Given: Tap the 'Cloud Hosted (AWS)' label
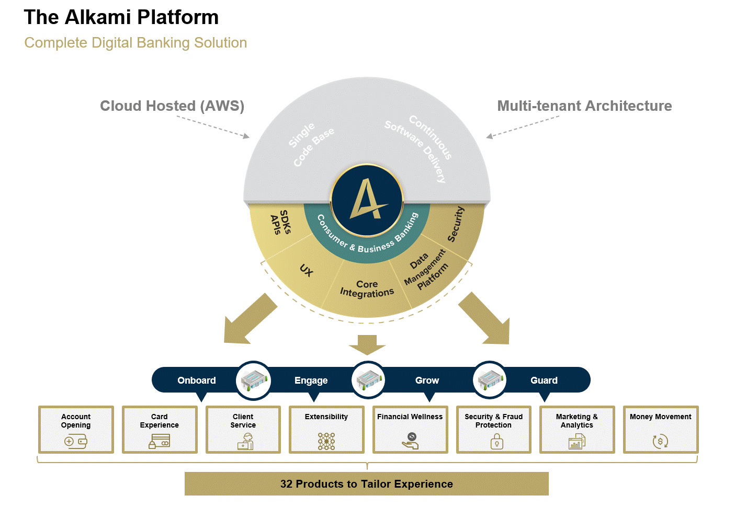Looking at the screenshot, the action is (172, 106).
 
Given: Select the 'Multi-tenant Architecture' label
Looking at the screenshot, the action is (584, 106).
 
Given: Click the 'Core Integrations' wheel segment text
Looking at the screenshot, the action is (367, 289).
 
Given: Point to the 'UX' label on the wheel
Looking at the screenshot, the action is (307, 270).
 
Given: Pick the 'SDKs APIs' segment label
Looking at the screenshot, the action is (281, 222).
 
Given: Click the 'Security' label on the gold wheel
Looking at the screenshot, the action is (456, 224).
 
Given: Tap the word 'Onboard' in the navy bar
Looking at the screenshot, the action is (197, 381).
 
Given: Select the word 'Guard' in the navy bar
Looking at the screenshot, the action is (544, 381).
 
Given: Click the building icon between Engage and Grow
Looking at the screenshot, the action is (368, 380).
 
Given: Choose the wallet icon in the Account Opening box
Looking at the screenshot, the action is (76, 442).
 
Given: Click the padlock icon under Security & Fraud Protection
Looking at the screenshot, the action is (497, 441).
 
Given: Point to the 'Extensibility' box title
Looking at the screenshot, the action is (326, 417).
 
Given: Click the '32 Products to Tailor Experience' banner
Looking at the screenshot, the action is (367, 483).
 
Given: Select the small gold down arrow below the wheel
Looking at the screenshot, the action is (367, 345).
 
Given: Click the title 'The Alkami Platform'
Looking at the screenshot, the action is (121, 17).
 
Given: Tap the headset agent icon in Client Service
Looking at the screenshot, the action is (245, 441).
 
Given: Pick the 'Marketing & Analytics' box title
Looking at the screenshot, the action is (577, 421).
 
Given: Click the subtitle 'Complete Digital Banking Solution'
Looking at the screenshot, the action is (135, 43).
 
